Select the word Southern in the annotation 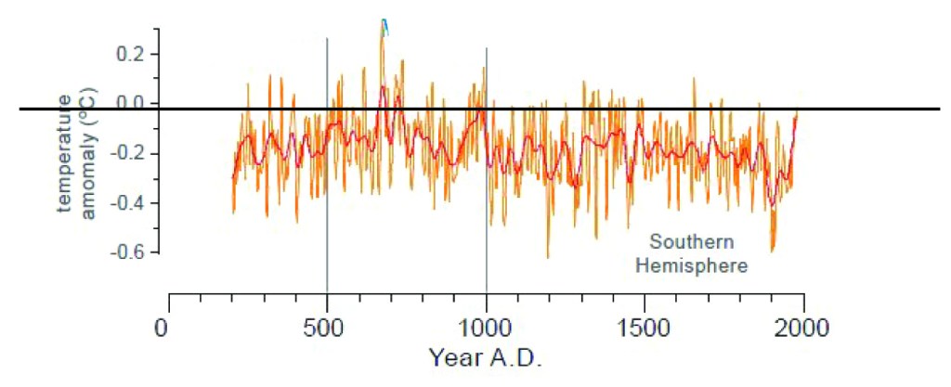tap(691, 243)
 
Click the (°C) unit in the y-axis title tap(89, 110)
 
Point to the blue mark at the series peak tap(384, 27)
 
